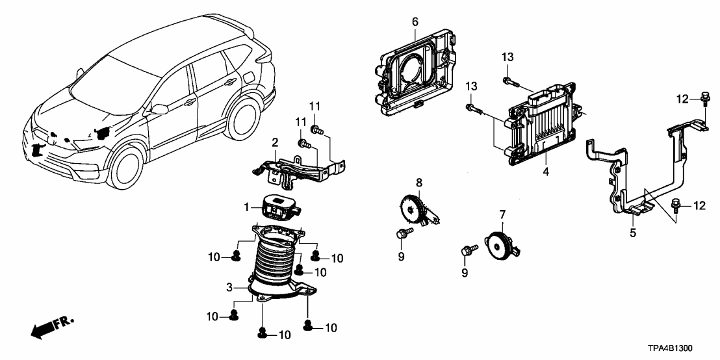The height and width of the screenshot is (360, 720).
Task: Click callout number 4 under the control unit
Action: coord(546,172)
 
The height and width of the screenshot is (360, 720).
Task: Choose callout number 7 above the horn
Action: coord(502,213)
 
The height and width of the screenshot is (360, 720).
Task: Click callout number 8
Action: coord(419,183)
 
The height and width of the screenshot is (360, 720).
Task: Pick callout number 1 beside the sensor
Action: coord(246,207)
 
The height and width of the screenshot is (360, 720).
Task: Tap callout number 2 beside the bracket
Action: coord(275,142)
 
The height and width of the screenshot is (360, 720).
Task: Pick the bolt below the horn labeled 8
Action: coord(401,233)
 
